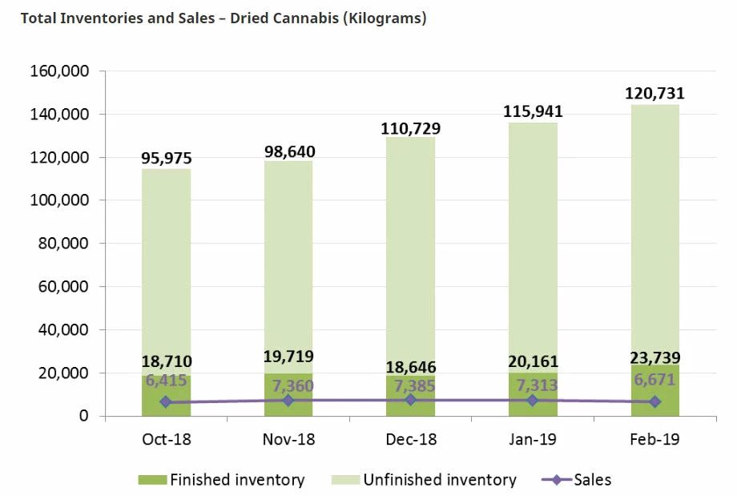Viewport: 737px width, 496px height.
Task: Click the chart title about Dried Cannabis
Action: [x=223, y=18]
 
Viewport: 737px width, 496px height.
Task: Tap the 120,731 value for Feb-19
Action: [x=654, y=95]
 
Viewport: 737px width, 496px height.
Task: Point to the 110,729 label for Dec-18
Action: [x=411, y=128]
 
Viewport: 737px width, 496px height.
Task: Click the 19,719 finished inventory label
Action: [x=288, y=357]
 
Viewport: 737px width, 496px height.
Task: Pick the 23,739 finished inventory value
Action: [x=654, y=357]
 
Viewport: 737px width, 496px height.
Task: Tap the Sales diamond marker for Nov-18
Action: [x=288, y=400]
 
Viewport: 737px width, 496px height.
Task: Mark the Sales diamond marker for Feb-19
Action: [x=654, y=401]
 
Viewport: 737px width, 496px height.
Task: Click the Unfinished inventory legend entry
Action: [x=425, y=480]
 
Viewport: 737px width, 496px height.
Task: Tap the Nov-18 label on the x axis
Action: [x=288, y=440]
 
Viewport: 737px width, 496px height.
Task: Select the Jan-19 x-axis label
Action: [x=533, y=440]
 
